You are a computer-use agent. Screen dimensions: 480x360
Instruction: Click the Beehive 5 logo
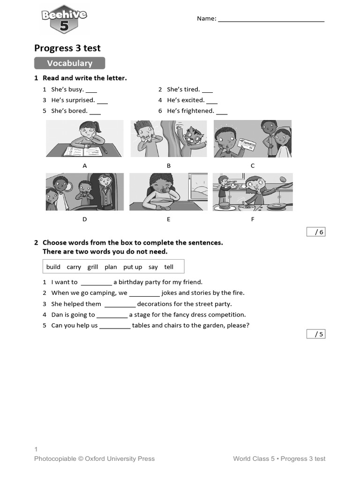64,21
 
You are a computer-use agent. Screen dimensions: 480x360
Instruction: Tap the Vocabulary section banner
69,63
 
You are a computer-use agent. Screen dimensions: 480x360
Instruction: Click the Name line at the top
271,19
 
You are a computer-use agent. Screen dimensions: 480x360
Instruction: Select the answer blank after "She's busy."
91,90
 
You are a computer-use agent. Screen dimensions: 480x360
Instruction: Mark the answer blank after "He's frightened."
222,112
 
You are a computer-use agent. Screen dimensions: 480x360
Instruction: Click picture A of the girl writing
85,139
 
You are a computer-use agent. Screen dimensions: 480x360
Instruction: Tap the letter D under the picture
85,219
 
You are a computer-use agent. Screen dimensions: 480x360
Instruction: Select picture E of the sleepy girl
168,192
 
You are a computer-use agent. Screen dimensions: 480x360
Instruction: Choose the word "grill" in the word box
93,267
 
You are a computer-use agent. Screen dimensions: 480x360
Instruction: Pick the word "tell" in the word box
169,267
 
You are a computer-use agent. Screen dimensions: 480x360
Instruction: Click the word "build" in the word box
53,267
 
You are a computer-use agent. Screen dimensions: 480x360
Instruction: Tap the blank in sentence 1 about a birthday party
96,283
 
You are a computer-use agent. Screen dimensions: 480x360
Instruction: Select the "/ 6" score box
316,232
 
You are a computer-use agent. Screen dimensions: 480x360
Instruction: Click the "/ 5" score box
316,334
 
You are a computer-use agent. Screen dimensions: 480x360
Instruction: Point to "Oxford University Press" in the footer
120,458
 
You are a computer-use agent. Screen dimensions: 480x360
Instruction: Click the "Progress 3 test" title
67,48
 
